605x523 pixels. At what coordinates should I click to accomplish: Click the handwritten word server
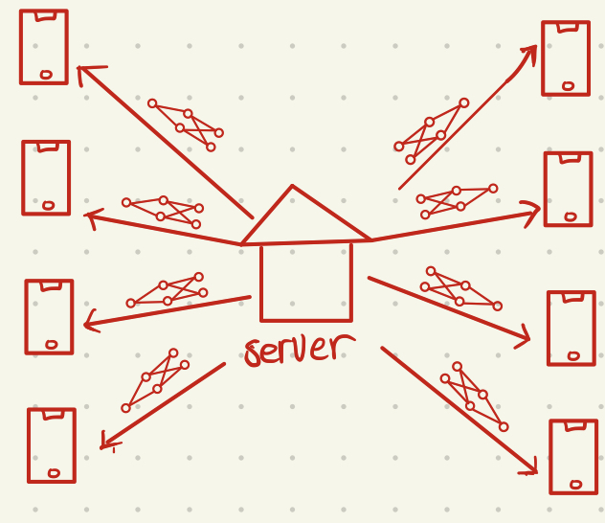pyautogui.click(x=297, y=350)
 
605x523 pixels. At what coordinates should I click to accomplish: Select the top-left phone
pyautogui.click(x=44, y=47)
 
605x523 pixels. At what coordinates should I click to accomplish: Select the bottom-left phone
pyautogui.click(x=52, y=444)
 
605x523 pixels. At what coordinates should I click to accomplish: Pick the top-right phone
pyautogui.click(x=566, y=58)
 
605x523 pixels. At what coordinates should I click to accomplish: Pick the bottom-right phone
pyautogui.click(x=573, y=457)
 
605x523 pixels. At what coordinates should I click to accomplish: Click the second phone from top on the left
pyautogui.click(x=46, y=177)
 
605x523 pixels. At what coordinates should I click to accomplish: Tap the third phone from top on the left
pyautogui.click(x=49, y=317)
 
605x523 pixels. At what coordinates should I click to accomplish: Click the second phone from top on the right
pyautogui.click(x=568, y=189)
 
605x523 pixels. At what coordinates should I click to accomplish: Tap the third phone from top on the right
pyautogui.click(x=571, y=329)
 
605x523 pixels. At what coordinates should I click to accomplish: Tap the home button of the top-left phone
pyautogui.click(x=46, y=74)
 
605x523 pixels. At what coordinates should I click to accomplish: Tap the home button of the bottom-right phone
pyautogui.click(x=575, y=485)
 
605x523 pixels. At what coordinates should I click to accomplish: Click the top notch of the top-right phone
pyautogui.click(x=568, y=28)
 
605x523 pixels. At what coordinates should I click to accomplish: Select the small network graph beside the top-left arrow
pyautogui.click(x=186, y=125)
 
